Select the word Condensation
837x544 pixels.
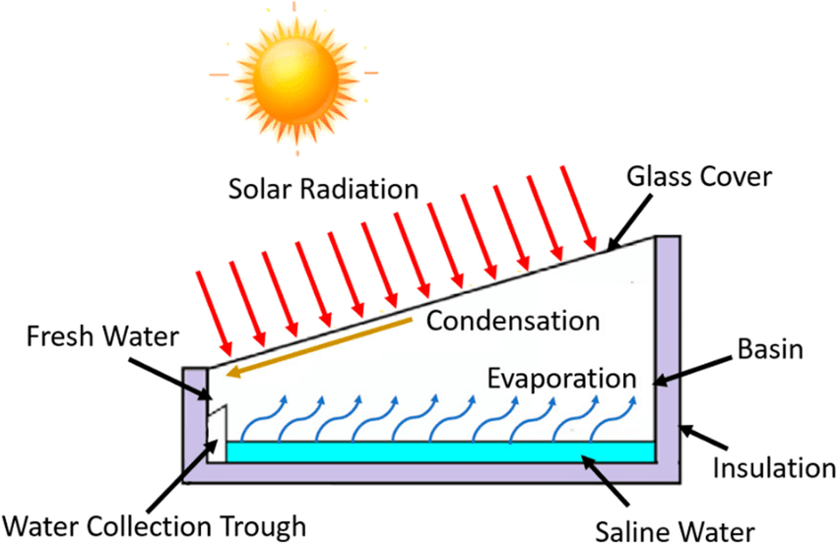coord(513,321)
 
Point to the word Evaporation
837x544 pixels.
coord(557,378)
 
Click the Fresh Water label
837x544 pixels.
coord(91,337)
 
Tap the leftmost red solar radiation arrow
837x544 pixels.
coord(213,310)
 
